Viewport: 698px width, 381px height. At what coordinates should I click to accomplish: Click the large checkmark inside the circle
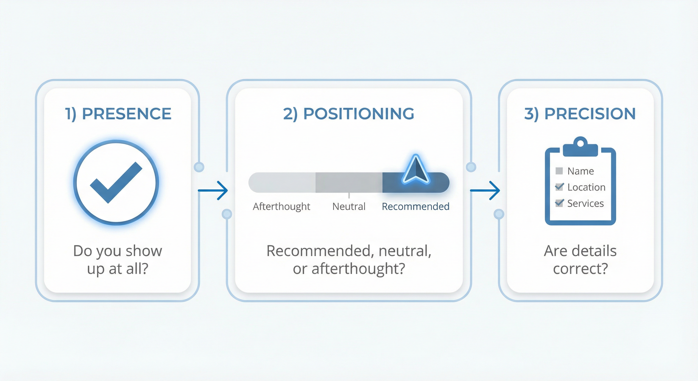[116, 183]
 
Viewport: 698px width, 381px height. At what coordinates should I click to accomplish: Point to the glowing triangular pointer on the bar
[416, 169]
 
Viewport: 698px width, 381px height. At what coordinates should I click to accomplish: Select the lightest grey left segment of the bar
[282, 183]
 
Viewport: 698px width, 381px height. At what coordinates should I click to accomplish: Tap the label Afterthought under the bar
[281, 207]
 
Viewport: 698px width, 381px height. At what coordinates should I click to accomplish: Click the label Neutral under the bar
[349, 207]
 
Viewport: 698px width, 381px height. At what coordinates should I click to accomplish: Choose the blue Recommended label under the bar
[415, 207]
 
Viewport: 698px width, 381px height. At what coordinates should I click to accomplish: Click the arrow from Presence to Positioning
[213, 190]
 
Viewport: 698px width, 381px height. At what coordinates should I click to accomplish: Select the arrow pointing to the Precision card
[485, 190]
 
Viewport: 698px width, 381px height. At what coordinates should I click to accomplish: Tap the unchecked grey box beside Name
[559, 171]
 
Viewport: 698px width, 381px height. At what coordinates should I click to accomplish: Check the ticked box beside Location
[559, 187]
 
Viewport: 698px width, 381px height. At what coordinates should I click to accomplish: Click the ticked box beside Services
[559, 203]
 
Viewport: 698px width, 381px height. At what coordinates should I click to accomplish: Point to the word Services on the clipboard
[585, 203]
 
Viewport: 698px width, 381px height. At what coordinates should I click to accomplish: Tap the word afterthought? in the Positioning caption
[358, 269]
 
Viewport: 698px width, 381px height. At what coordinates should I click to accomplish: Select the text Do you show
[117, 251]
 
